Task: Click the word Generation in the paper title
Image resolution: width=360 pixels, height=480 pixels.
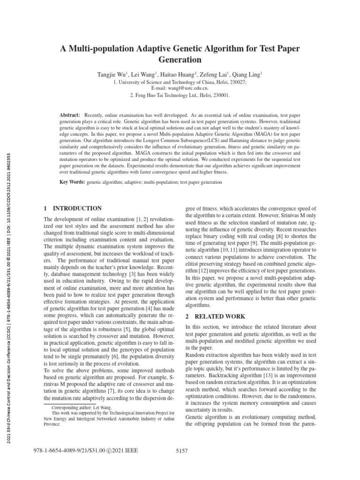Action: (x=180, y=60)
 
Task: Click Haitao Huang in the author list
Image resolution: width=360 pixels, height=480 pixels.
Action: (x=179, y=75)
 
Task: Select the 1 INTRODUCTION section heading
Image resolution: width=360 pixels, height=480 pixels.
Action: (x=73, y=208)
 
